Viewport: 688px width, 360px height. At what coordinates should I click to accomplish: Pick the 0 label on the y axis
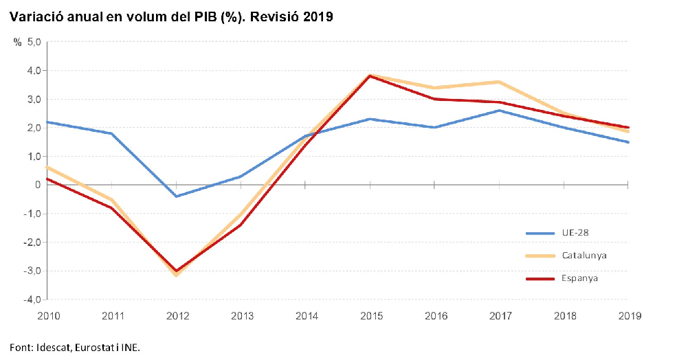(x=36, y=185)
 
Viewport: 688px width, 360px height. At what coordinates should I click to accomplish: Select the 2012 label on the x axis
(x=177, y=316)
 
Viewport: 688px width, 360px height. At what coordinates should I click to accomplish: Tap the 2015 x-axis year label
(x=370, y=316)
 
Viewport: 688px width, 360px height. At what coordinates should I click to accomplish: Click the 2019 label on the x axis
(x=629, y=316)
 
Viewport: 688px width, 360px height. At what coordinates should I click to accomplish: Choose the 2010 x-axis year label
(x=47, y=316)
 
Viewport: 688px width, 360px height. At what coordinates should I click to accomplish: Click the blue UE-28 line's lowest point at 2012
(x=177, y=196)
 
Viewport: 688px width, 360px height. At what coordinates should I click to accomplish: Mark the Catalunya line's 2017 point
(x=499, y=82)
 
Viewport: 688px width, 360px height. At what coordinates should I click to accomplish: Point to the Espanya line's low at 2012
(x=177, y=271)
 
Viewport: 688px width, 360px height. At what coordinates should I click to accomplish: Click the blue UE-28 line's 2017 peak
(x=499, y=111)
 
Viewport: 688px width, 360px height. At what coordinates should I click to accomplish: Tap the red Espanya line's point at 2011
(x=112, y=208)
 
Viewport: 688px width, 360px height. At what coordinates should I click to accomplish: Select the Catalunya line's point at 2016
(x=434, y=88)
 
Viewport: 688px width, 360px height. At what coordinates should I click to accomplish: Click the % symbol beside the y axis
(x=18, y=42)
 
